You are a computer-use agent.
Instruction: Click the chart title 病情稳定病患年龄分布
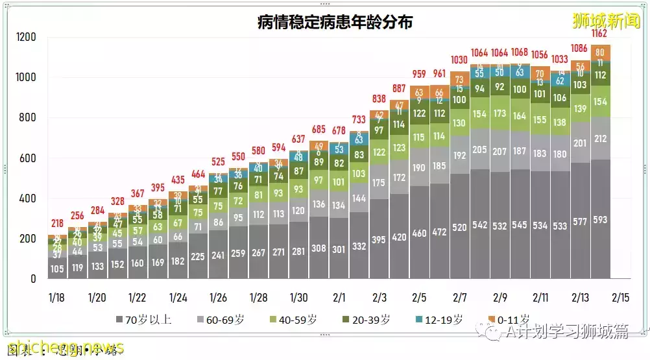(x=335, y=23)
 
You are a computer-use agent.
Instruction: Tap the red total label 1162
(x=600, y=34)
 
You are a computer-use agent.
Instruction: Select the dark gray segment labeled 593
(x=600, y=220)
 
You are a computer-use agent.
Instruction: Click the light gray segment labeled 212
(x=600, y=138)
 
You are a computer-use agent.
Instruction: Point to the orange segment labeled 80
(x=600, y=53)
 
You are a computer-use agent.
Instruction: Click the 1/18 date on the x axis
(x=58, y=298)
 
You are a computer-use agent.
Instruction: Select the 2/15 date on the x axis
(x=621, y=298)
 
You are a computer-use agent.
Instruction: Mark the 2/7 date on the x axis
(x=459, y=298)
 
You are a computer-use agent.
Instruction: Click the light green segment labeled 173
(x=500, y=114)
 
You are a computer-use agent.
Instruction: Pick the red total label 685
(x=319, y=130)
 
